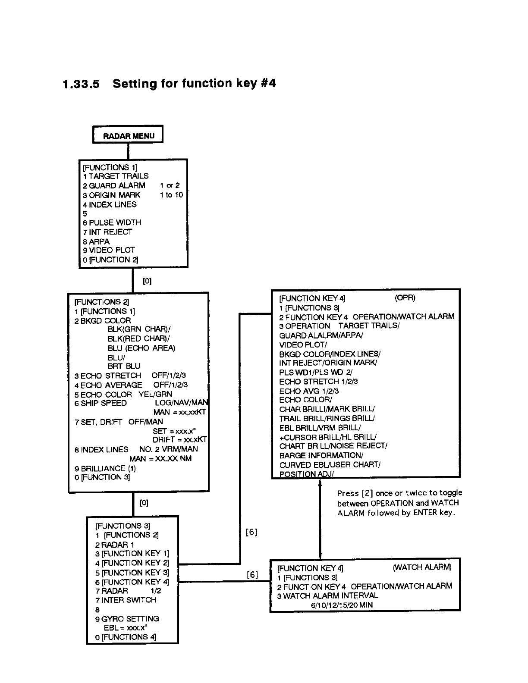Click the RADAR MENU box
coord(128,136)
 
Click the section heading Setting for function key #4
coord(194,83)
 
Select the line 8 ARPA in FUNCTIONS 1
coord(97,241)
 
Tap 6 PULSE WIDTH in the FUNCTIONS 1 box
coord(112,222)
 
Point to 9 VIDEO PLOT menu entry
coord(109,250)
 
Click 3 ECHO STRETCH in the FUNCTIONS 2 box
coord(108,376)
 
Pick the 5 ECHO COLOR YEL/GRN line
coord(123,395)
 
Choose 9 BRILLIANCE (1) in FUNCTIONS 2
coord(105,468)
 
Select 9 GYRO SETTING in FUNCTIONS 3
coord(127,619)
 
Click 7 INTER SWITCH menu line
coord(126,600)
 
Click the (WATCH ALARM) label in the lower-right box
coord(422,567)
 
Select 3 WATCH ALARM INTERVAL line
coord(328,595)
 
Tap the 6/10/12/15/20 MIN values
coord(342,605)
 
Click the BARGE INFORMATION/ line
coord(321,455)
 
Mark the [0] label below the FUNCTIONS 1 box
coord(147,281)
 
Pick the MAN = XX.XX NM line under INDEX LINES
coord(160,459)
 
